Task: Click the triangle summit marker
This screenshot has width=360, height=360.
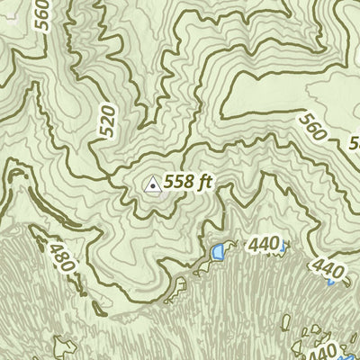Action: tap(153, 185)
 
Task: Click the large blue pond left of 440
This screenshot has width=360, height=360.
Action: tap(217, 255)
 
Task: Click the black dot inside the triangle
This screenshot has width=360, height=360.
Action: tap(153, 186)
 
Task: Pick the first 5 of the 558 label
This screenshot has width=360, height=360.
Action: tap(170, 184)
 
